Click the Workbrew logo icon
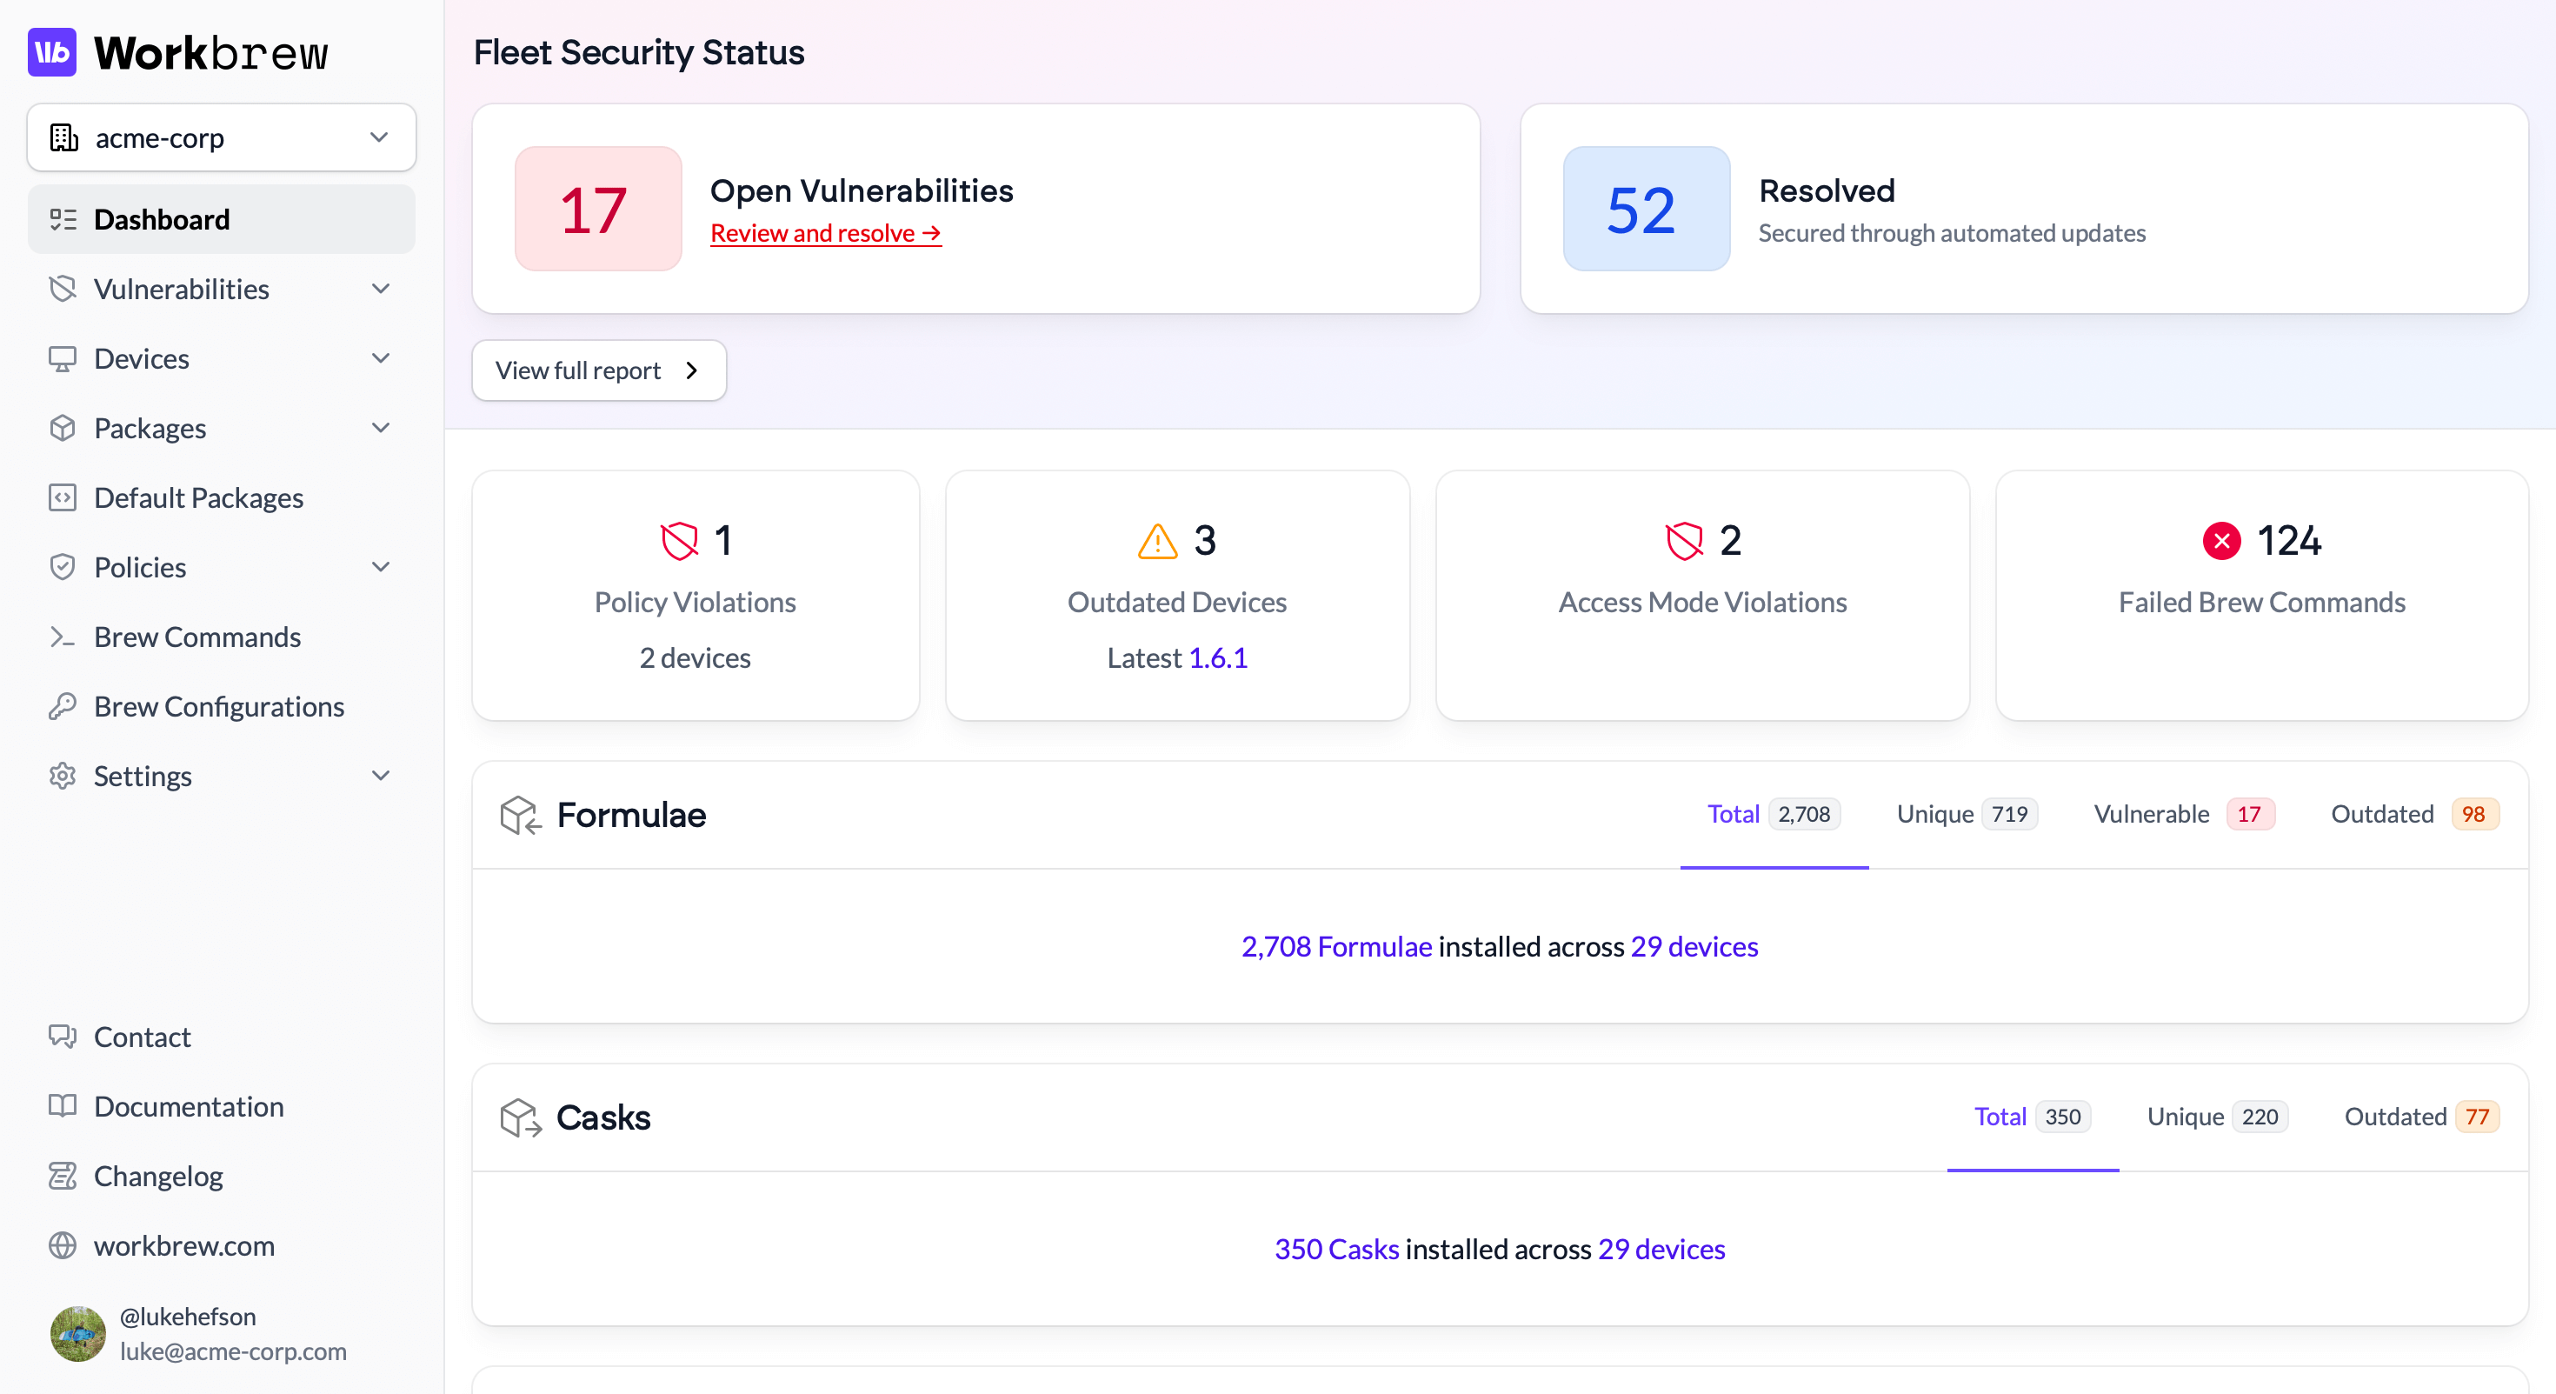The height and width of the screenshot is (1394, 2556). pyautogui.click(x=51, y=52)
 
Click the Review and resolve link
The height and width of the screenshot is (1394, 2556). pyautogui.click(x=824, y=233)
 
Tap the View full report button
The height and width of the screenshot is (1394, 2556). pyautogui.click(x=598, y=371)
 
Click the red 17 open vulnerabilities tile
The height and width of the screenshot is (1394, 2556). pyautogui.click(x=597, y=210)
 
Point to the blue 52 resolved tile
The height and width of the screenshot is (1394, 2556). pyautogui.click(x=1645, y=210)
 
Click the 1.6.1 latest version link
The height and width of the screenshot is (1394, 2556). pyautogui.click(x=1217, y=657)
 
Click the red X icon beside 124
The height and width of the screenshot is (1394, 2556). pyautogui.click(x=2220, y=541)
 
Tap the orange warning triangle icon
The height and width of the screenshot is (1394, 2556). pyautogui.click(x=1157, y=542)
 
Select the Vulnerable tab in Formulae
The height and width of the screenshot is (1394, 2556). pyautogui.click(x=2182, y=815)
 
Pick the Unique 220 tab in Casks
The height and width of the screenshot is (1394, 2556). pyautogui.click(x=2216, y=1117)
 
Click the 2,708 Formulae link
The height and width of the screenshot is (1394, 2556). pyautogui.click(x=1335, y=946)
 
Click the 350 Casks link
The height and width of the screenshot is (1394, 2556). pyautogui.click(x=1335, y=1249)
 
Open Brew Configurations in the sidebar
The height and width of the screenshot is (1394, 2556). pyautogui.click(x=218, y=706)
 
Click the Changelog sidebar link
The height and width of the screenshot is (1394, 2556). pyautogui.click(x=157, y=1177)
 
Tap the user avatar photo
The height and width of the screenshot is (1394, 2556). pyautogui.click(x=77, y=1333)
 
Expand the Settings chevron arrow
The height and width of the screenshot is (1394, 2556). pyautogui.click(x=380, y=776)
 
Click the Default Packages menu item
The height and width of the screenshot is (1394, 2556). pyautogui.click(x=198, y=498)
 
